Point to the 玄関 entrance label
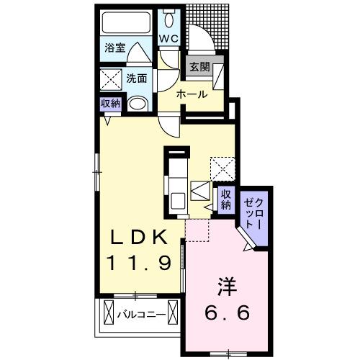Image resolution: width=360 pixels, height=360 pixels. (199, 67)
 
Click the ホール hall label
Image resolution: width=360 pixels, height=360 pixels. (192, 94)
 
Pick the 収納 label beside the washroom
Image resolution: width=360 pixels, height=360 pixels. (110, 102)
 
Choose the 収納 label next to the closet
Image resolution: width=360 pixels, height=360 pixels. (225, 198)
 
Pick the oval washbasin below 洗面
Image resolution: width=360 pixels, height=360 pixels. (137, 104)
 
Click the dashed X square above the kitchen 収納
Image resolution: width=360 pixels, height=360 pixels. (220, 170)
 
